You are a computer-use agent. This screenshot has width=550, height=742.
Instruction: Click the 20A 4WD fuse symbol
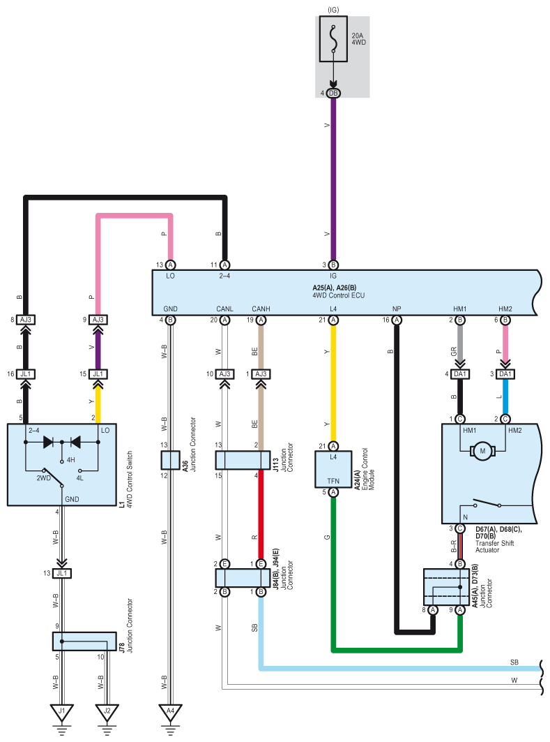(x=334, y=39)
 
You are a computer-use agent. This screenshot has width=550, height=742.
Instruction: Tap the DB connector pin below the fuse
(x=334, y=94)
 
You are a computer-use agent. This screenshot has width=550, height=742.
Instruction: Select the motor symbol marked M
(x=482, y=451)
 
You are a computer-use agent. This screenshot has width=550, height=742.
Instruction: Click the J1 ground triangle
(x=62, y=712)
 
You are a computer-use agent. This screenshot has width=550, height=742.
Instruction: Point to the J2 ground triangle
(x=107, y=712)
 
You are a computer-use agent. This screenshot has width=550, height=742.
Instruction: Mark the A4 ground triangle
(x=171, y=712)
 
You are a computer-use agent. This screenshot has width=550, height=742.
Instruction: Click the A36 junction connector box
(x=171, y=460)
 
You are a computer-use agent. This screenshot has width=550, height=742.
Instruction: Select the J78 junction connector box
(x=84, y=641)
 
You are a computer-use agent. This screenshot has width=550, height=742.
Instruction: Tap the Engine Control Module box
(x=333, y=469)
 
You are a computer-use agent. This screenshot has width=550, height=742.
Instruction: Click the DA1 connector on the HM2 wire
(x=505, y=374)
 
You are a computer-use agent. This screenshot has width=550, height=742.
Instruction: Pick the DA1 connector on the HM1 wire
(x=460, y=374)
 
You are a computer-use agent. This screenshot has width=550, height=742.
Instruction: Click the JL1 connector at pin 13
(x=62, y=574)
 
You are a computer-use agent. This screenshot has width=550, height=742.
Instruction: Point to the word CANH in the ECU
(x=261, y=309)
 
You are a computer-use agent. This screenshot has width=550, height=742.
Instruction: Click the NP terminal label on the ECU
(x=397, y=309)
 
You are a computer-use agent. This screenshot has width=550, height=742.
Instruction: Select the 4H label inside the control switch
(x=71, y=459)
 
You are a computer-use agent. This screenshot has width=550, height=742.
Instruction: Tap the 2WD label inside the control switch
(x=43, y=478)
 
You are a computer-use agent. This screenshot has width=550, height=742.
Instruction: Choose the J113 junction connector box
(x=243, y=460)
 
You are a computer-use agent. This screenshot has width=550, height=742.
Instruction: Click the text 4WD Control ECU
(x=338, y=295)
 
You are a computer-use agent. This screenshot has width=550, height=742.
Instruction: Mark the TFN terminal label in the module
(x=333, y=481)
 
